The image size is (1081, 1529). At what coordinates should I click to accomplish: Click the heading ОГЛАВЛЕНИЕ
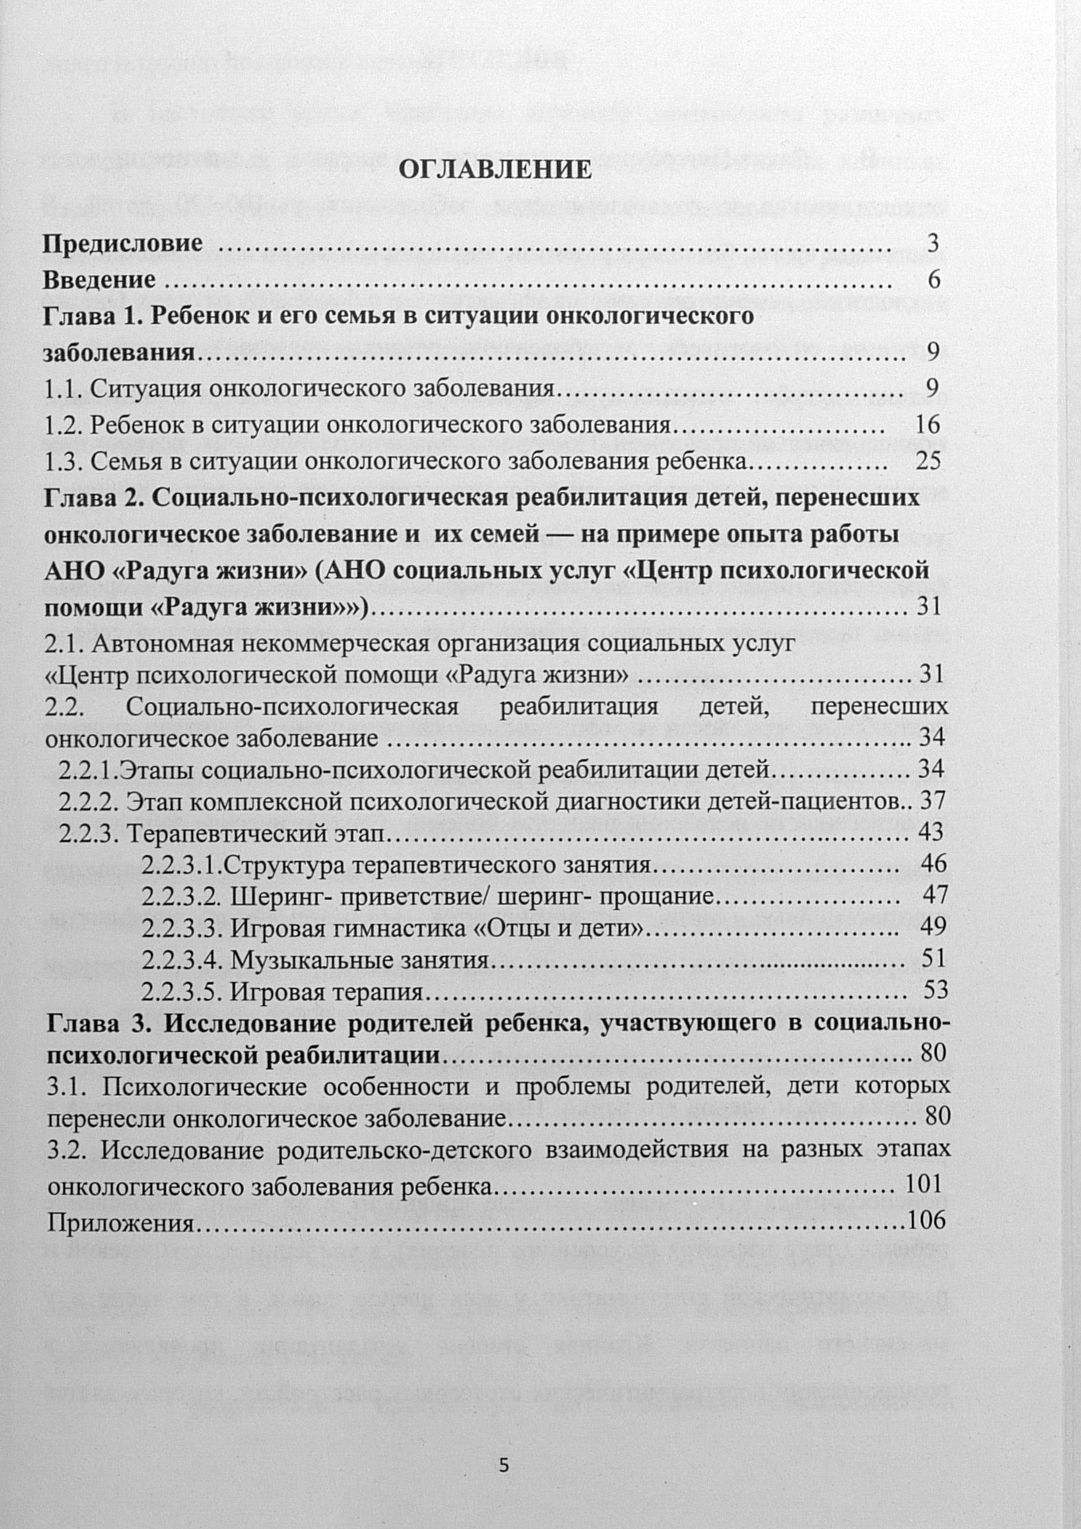click(x=494, y=170)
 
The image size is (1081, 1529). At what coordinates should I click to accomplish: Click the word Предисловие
click(x=123, y=244)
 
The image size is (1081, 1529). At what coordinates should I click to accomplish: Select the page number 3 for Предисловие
click(x=933, y=244)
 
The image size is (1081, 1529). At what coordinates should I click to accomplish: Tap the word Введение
click(x=99, y=280)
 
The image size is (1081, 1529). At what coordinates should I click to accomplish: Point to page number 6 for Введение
click(x=934, y=280)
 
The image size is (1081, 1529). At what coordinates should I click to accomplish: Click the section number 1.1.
click(x=63, y=388)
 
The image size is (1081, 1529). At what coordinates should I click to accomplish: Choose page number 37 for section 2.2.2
click(x=933, y=800)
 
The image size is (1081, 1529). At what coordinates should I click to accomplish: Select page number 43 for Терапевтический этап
click(x=931, y=831)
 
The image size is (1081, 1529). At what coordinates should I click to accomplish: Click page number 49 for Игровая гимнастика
click(x=934, y=927)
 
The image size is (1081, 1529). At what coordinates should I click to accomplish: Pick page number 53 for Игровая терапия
click(x=935, y=991)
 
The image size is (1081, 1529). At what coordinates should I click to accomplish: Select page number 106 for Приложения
click(x=927, y=1220)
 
